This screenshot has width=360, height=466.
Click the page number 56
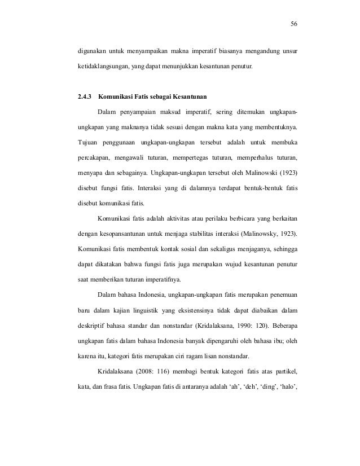tap(293, 24)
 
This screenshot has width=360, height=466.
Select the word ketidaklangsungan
tap(103, 68)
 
